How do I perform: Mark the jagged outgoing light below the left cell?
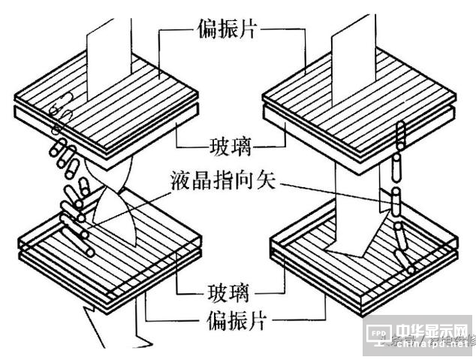tap(113, 331)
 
